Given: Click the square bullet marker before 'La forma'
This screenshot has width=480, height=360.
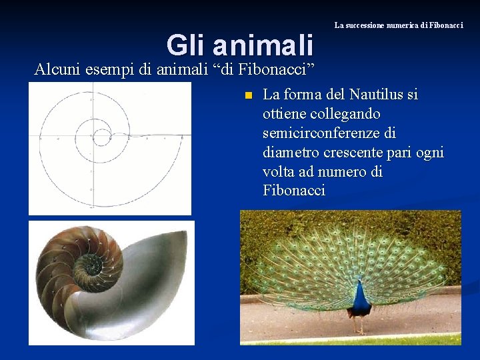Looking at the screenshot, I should [247, 95].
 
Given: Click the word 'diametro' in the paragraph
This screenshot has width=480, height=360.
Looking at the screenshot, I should [291, 153].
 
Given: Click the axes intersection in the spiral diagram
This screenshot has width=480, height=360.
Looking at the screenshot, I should [91, 137].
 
